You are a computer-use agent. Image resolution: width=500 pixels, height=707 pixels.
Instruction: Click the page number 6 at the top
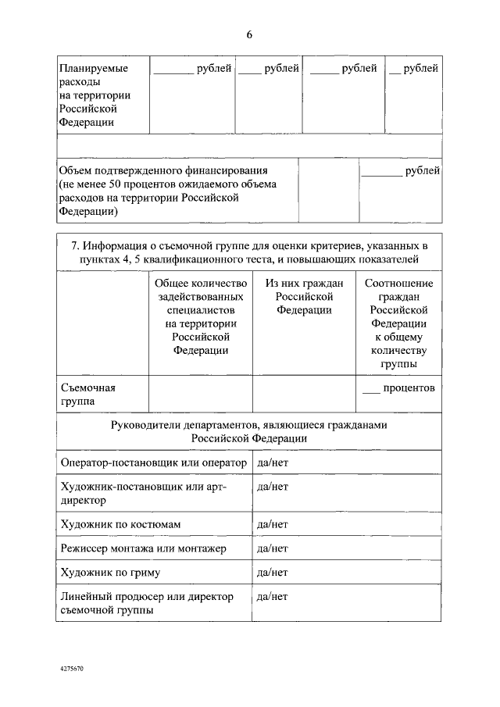point(249,34)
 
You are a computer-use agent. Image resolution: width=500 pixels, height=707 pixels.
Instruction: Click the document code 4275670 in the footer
point(71,670)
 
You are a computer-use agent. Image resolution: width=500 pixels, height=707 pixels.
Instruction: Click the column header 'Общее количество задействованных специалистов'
point(201,316)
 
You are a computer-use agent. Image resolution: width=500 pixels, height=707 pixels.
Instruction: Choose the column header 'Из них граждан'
point(304,296)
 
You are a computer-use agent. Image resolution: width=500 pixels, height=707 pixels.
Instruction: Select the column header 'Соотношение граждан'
point(398,323)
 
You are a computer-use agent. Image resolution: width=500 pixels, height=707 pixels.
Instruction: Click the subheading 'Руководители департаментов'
point(249,432)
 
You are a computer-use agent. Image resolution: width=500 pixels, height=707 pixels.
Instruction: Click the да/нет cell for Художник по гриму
point(273,573)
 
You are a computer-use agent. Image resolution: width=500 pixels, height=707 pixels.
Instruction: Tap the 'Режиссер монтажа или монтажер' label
point(143,548)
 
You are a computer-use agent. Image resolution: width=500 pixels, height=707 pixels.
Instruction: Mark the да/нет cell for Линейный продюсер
point(273,597)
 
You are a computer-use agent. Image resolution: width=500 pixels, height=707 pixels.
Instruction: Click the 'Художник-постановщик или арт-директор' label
point(143,493)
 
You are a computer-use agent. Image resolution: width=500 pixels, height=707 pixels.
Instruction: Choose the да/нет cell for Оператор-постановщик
point(273,462)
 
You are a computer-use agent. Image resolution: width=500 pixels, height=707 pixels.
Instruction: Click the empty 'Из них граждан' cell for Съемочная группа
point(304,395)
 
